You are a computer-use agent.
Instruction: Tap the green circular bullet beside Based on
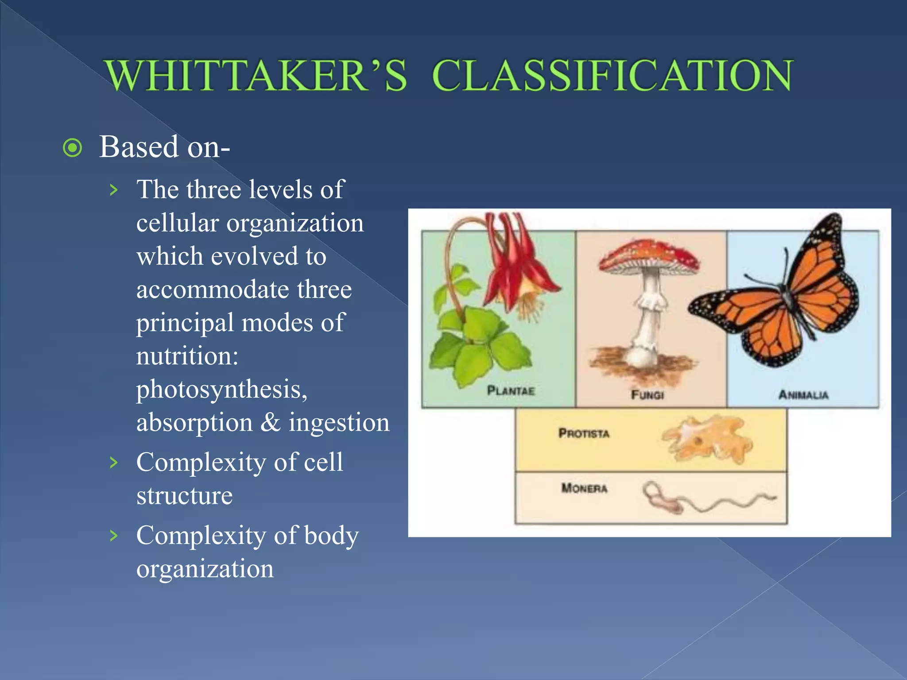coord(73,148)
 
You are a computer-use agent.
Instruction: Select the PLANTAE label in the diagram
coord(511,390)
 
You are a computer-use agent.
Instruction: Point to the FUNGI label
coord(647,394)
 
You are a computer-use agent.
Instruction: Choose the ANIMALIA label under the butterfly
coord(803,394)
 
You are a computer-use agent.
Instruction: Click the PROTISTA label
coord(584,433)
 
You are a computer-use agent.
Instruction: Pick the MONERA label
coord(584,488)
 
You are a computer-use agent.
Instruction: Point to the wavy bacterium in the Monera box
coord(709,500)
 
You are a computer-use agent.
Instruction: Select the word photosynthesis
coord(221,390)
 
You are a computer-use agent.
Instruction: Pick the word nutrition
coord(187,356)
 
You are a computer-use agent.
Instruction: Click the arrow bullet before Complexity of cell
coord(114,463)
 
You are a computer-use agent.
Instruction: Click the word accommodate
coord(213,290)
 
